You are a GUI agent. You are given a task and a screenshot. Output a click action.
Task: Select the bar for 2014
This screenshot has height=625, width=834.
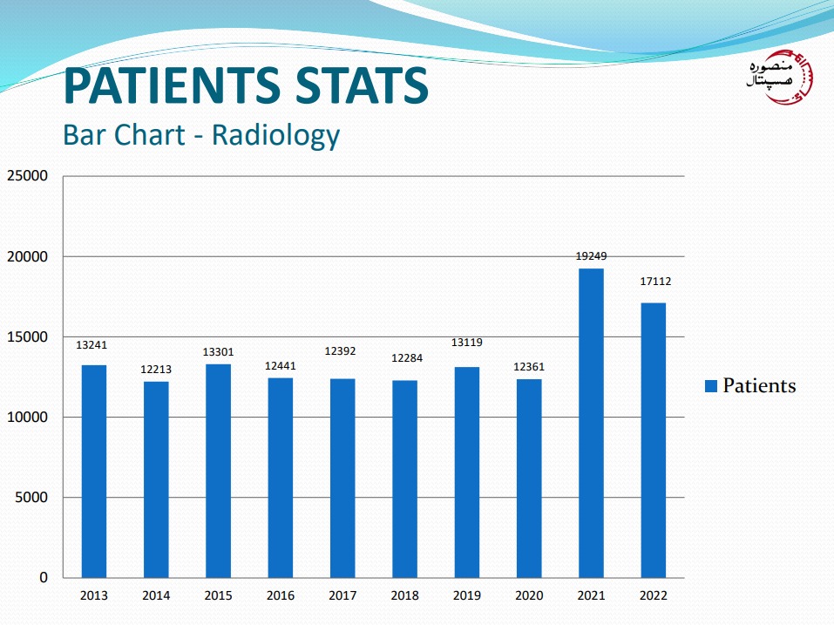coord(156,479)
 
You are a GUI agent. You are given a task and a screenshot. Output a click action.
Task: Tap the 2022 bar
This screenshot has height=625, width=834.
coord(653,440)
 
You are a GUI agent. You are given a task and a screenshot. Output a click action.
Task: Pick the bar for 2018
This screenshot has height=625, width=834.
coord(404,479)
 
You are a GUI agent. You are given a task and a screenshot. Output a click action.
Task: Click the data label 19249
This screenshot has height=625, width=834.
coord(591,256)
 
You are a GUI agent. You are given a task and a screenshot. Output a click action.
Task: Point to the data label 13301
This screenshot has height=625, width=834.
coord(218,352)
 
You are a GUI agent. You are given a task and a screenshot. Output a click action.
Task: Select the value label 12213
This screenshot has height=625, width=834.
coord(156,370)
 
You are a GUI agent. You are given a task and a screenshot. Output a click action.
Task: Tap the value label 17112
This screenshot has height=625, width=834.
coord(654,282)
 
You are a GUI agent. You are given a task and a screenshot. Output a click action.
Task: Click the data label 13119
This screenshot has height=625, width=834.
coord(467,343)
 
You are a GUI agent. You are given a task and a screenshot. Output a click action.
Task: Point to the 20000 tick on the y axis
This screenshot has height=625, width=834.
coord(29,257)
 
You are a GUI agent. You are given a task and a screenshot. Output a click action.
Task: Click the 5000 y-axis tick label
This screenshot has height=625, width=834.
coord(32,498)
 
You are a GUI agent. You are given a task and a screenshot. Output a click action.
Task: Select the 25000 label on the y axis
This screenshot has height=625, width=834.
coord(29,176)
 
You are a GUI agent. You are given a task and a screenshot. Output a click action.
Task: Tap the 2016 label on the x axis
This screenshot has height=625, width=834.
coord(281,595)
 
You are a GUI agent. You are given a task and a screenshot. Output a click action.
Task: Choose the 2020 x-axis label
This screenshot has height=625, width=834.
coord(529,595)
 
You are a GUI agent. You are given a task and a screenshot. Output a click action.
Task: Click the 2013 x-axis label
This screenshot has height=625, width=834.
coord(93,595)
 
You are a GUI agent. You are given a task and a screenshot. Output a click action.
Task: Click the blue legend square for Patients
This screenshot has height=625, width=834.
coord(710,386)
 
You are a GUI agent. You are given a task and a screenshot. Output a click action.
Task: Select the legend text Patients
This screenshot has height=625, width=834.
coord(759,385)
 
